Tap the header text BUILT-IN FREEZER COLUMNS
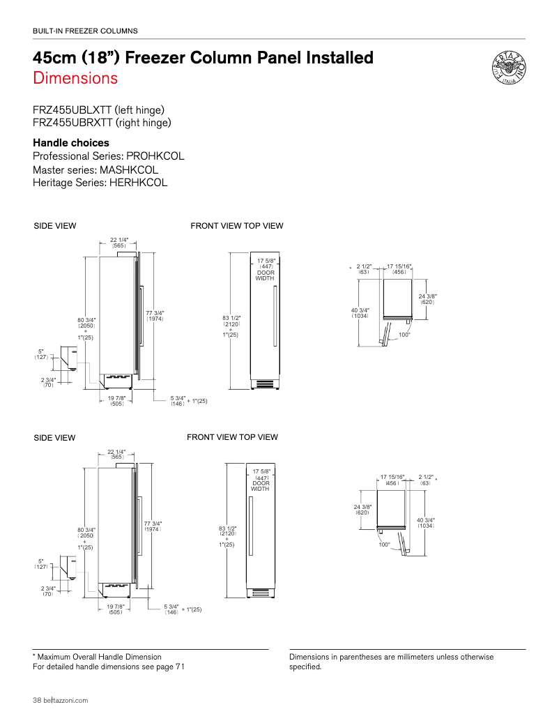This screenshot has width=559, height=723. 85,31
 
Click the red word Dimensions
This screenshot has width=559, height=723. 75,78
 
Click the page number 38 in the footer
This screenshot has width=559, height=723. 38,700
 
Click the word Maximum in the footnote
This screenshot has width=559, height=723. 59,657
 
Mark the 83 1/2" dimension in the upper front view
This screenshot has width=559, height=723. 231,319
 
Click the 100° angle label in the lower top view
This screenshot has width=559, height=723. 384,545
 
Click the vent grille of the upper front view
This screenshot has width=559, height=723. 266,384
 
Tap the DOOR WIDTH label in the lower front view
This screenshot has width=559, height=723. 260,486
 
